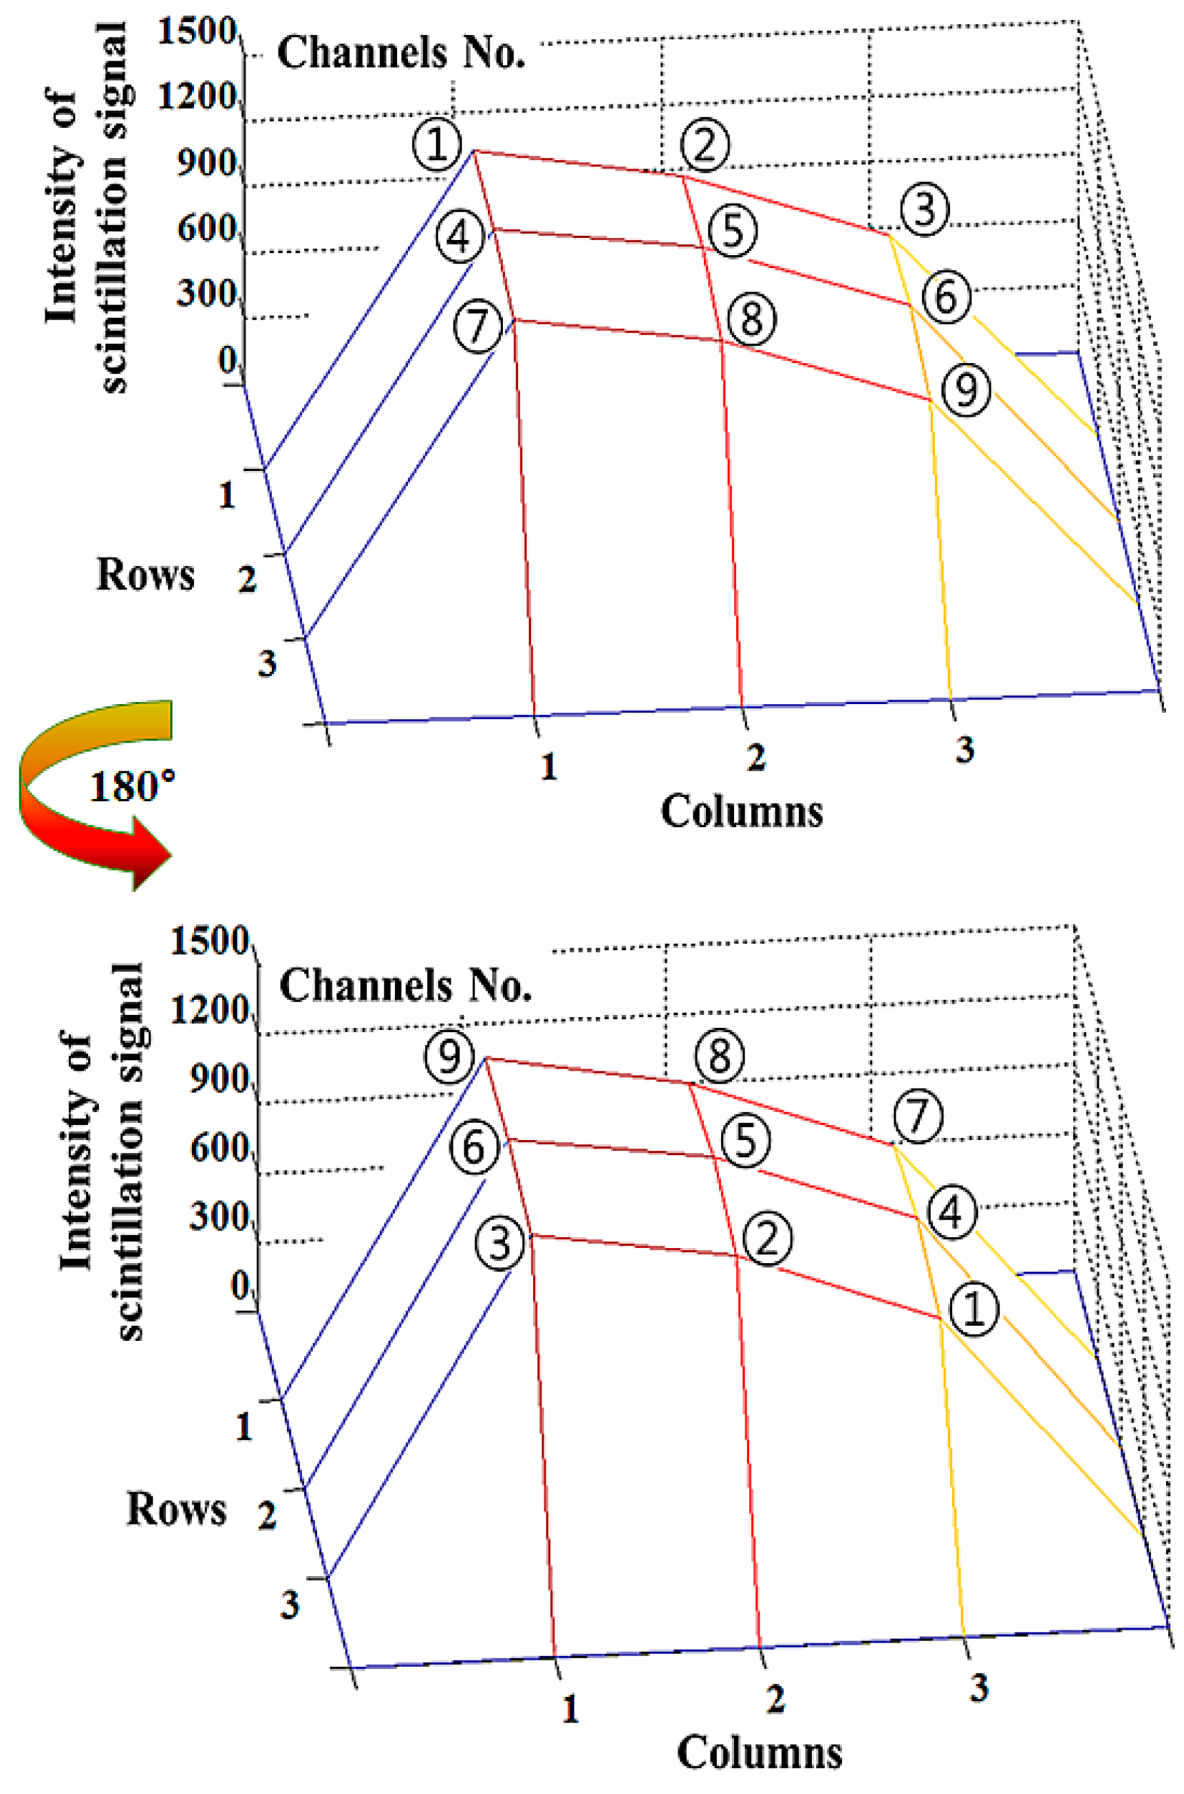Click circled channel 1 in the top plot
click(x=436, y=144)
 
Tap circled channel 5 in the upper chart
click(x=733, y=231)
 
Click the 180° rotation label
click(x=133, y=787)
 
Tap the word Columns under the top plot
click(x=742, y=812)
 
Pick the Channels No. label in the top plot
click(x=401, y=53)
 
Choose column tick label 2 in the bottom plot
click(x=775, y=1699)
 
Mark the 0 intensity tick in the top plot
click(x=227, y=360)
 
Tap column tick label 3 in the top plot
click(x=965, y=750)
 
